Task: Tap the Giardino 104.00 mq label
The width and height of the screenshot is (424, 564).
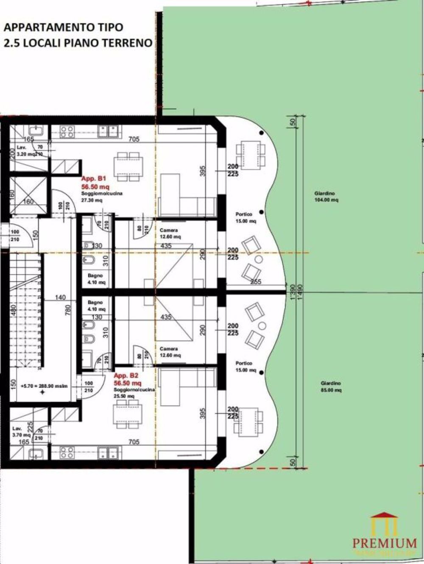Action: (x=326, y=197)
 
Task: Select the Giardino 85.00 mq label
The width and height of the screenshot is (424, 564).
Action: (x=331, y=386)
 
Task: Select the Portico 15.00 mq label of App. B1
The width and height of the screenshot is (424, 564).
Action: (x=246, y=217)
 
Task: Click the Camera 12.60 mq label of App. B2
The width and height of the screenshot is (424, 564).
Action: (x=170, y=352)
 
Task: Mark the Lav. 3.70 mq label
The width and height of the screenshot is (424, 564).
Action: (x=21, y=431)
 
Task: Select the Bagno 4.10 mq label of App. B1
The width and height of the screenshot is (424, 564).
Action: (x=95, y=279)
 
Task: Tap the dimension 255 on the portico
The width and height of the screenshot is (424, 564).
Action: (x=255, y=281)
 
